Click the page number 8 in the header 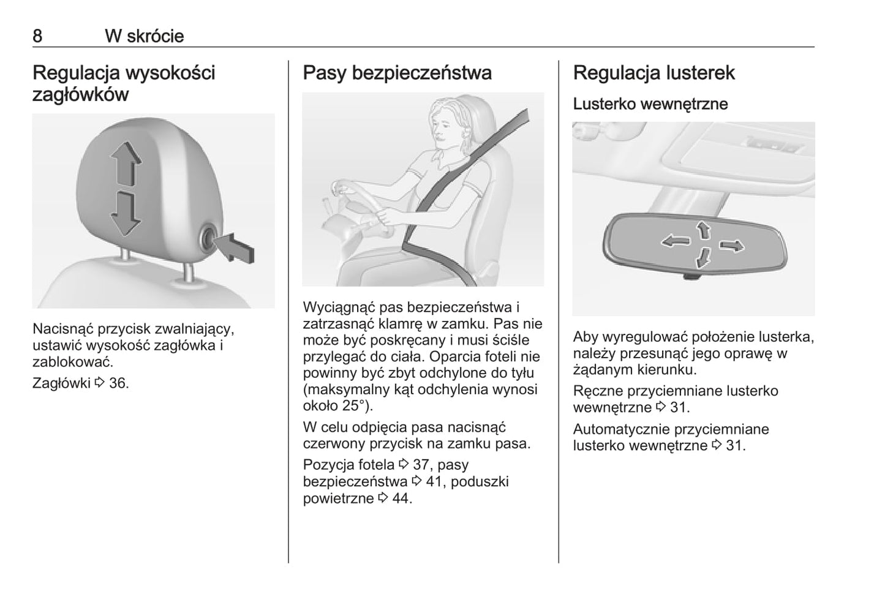(x=37, y=36)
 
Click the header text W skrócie (x=145, y=36)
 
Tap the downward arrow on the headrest (x=126, y=214)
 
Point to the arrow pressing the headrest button (x=235, y=247)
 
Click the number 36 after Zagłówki (x=119, y=383)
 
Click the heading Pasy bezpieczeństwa (x=397, y=73)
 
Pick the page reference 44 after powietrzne (x=401, y=498)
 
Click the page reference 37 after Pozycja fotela (x=421, y=465)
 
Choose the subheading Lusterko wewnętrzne (x=650, y=104)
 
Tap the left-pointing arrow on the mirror (x=675, y=241)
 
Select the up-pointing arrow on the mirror (x=703, y=230)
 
